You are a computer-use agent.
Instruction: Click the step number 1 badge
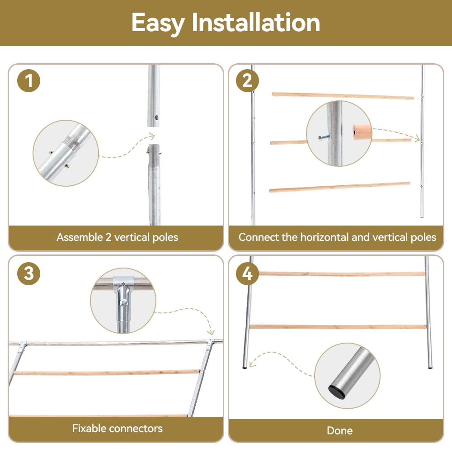tap(28, 80)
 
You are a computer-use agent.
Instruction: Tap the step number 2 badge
tap(247, 80)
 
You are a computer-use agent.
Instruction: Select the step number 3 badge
tap(28, 273)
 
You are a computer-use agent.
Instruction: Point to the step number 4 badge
tap(247, 273)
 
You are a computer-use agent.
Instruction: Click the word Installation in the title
tap(256, 23)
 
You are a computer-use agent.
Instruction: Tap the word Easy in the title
tap(158, 24)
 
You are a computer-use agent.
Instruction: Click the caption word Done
tap(339, 430)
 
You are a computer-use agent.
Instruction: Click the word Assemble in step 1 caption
tap(80, 237)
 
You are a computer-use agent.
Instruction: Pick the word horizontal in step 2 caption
tap(325, 237)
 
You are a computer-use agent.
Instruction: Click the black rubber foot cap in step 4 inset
tap(336, 392)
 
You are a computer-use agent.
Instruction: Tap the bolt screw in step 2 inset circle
tap(324, 137)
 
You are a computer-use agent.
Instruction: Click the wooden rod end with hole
tap(362, 132)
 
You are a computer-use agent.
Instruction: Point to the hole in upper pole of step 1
tap(156, 118)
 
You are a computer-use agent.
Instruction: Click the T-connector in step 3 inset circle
tap(124, 300)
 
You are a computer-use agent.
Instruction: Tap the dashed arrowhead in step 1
tap(151, 136)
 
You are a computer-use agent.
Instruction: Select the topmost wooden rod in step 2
tap(343, 96)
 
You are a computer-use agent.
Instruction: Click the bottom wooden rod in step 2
tap(340, 187)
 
